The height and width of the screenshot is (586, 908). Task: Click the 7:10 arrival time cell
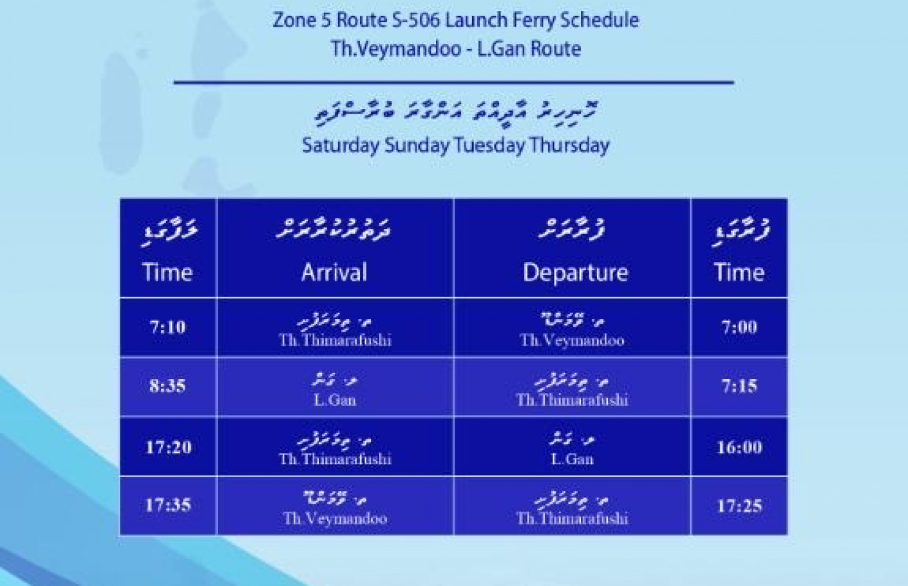tap(168, 327)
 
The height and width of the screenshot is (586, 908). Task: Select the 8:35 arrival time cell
tap(168, 386)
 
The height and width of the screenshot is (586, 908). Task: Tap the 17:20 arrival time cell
tap(168, 447)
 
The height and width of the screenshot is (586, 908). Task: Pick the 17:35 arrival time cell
tap(168, 505)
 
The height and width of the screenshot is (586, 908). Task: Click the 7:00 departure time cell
tap(739, 327)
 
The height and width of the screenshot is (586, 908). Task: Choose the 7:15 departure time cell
tap(739, 386)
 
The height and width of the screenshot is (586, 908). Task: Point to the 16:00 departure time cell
tap(739, 447)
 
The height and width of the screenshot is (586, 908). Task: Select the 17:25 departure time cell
tap(739, 505)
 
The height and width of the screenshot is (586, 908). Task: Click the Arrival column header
tap(335, 272)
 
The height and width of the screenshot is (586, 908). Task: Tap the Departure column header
tap(575, 272)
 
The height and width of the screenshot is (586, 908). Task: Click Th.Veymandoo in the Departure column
tap(572, 340)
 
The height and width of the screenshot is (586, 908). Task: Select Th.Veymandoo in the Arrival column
tap(335, 518)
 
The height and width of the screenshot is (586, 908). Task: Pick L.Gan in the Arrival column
tap(335, 400)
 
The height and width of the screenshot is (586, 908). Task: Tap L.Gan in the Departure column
tap(572, 459)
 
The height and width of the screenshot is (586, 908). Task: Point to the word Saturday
tap(341, 145)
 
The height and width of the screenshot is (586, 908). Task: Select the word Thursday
tap(570, 145)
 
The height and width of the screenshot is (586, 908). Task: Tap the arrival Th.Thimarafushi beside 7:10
tap(335, 340)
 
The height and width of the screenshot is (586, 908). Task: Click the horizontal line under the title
tap(454, 82)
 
